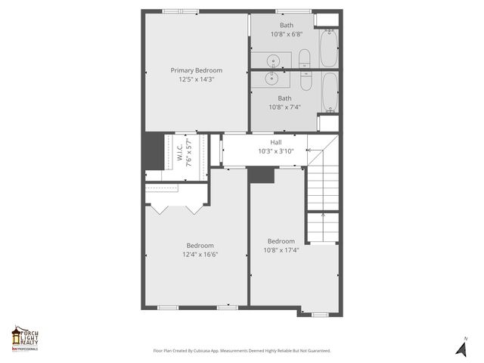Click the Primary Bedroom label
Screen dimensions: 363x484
click(196, 70)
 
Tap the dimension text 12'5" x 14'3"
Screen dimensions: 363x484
click(196, 79)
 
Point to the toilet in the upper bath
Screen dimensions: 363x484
click(304, 58)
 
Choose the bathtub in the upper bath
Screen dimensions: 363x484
click(329, 48)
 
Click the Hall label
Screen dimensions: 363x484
click(276, 142)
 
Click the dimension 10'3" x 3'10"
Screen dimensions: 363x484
click(276, 151)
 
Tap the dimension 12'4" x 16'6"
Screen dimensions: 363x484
click(200, 255)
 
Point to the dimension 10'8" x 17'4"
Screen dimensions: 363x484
click(281, 250)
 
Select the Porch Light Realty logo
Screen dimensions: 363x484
click(25, 338)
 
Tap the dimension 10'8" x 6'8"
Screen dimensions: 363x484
click(286, 34)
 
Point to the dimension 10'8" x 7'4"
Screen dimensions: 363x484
click(284, 107)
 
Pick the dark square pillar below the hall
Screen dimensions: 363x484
click(262, 175)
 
